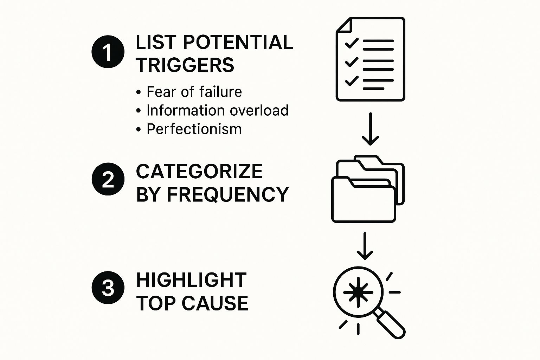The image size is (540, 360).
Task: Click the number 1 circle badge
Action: (108, 52)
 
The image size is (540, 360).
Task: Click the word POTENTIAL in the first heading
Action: (238, 42)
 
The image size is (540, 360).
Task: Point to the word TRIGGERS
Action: (185, 65)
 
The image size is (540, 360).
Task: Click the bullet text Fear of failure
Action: (194, 92)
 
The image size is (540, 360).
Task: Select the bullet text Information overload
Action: (217, 110)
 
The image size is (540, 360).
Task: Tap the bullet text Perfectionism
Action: (194, 129)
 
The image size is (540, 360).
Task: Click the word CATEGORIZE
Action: (199, 172)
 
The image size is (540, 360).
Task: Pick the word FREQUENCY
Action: (227, 194)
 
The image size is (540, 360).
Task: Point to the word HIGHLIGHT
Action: (191, 280)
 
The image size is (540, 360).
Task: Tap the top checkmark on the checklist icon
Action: (351, 43)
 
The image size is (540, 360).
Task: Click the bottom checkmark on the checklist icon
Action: (351, 81)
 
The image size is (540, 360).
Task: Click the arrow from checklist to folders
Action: (370, 129)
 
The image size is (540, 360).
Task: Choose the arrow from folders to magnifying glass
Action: (365, 246)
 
